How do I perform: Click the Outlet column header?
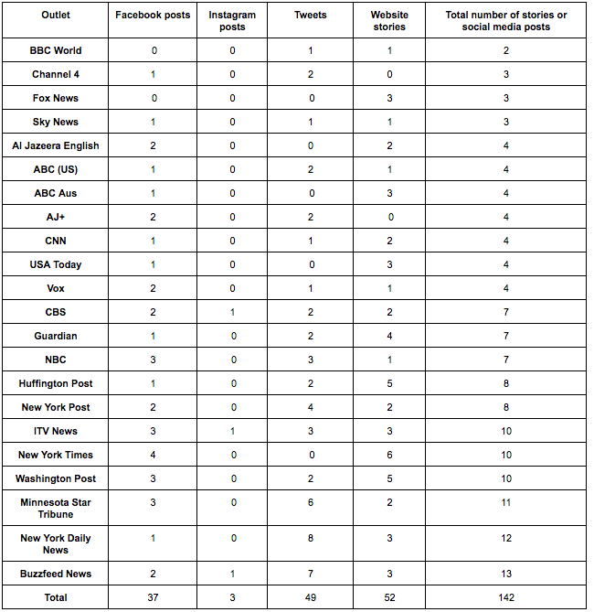point(56,15)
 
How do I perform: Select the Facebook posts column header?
point(154,15)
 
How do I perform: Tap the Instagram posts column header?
point(232,21)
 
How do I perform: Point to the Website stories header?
point(390,21)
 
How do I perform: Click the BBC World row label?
point(56,50)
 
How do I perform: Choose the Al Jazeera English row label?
point(56,145)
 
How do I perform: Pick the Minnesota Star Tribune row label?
point(56,509)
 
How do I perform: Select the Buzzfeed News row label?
point(56,574)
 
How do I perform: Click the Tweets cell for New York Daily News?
point(311,538)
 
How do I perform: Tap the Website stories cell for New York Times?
point(390,455)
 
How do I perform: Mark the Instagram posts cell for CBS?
point(232,312)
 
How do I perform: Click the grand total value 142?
point(505,597)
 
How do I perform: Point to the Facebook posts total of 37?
point(154,597)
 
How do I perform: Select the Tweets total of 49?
point(311,597)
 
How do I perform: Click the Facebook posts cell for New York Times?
point(154,455)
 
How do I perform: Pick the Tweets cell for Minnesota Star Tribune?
point(311,502)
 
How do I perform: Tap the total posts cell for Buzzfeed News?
point(505,574)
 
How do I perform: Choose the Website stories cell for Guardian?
point(390,336)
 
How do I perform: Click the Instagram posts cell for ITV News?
point(232,431)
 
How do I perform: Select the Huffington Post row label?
point(56,383)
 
